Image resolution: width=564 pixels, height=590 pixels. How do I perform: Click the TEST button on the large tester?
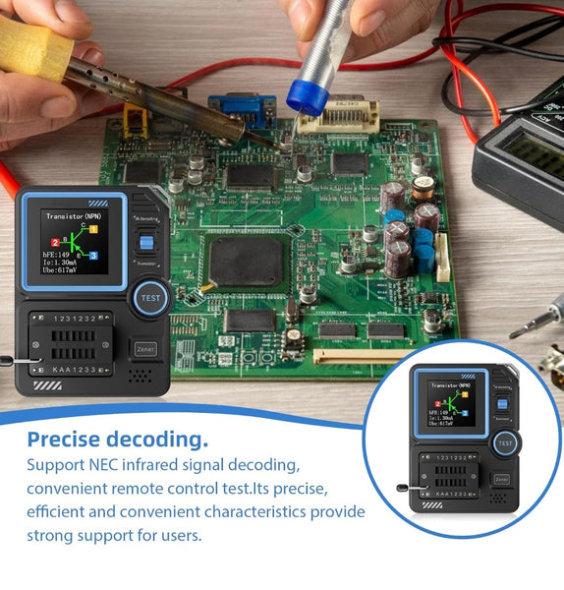click(150, 297)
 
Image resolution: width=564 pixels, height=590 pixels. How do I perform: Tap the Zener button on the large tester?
click(144, 349)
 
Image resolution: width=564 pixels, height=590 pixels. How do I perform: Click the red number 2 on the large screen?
click(55, 242)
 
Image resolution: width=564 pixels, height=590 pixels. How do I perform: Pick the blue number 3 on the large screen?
click(93, 256)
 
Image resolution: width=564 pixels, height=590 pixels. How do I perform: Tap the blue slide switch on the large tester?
click(145, 241)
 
